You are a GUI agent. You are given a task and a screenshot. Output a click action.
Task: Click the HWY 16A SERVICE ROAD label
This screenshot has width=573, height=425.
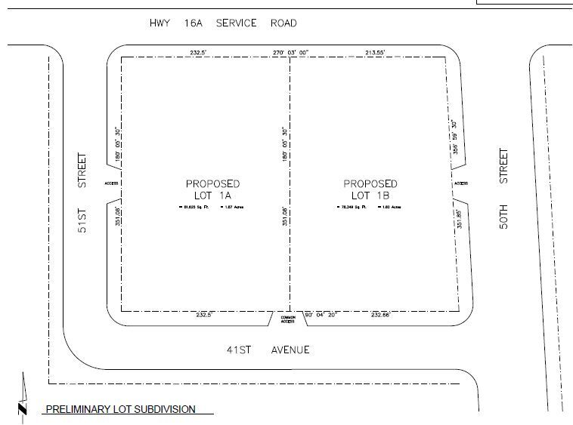223,23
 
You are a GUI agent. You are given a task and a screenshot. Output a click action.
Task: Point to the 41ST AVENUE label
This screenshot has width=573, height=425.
268,350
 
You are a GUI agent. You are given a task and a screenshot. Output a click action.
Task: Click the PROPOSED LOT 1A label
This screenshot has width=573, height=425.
213,189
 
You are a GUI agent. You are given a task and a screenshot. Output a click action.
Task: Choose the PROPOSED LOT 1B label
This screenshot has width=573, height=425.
370,189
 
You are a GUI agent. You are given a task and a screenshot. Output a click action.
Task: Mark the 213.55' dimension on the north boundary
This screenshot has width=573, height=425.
376,52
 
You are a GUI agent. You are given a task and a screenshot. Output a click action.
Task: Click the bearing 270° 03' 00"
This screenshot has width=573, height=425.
291,52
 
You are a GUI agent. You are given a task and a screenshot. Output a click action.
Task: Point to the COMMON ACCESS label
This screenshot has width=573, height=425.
288,319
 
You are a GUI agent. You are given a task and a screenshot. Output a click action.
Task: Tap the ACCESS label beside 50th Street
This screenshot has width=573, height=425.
461,183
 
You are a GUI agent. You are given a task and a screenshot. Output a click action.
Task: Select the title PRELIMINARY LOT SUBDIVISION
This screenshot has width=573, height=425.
120,410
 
